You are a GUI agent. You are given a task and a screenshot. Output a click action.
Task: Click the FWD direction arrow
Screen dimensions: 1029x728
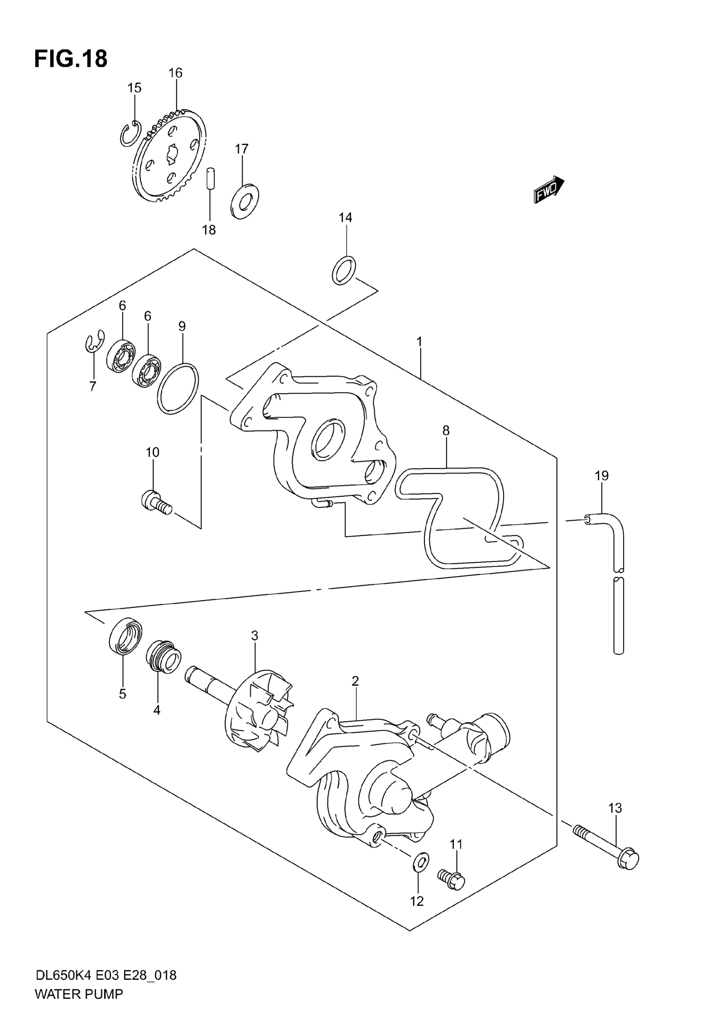click(548, 189)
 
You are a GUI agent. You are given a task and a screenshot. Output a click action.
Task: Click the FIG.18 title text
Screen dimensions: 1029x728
click(71, 59)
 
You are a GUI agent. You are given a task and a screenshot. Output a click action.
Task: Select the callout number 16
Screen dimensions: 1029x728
click(175, 73)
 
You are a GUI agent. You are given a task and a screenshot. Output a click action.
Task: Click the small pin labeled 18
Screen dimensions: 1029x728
click(209, 179)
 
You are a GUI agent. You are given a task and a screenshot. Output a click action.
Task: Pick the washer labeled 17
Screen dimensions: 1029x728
click(245, 201)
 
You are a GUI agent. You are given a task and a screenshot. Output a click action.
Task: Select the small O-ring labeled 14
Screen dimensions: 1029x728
click(344, 270)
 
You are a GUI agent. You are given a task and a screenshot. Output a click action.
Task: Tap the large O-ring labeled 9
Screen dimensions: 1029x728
click(178, 388)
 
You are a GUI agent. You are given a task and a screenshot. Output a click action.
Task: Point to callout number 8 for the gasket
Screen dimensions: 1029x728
click(446, 431)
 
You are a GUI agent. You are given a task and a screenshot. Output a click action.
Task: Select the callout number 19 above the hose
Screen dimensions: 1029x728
click(602, 475)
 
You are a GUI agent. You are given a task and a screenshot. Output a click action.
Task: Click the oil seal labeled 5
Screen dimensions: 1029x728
click(125, 636)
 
